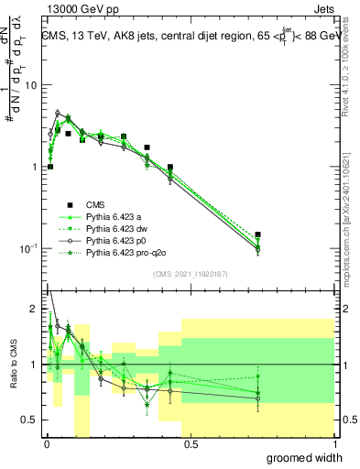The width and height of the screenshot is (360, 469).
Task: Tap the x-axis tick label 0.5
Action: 190,444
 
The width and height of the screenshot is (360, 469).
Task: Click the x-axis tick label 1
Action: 334,444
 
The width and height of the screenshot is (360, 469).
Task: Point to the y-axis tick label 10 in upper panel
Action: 30,85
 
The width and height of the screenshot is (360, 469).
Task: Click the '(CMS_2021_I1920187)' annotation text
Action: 190,275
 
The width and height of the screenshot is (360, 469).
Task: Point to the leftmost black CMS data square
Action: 50,167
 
